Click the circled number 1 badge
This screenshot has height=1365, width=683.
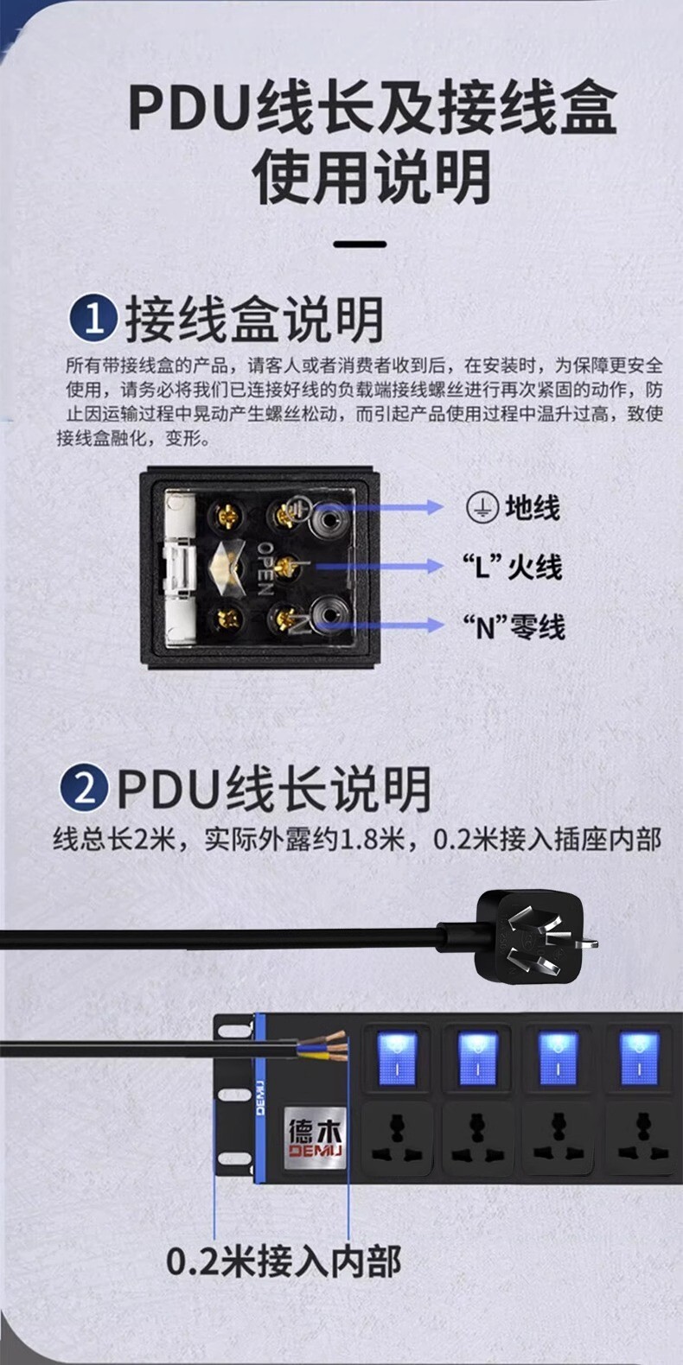pyautogui.click(x=93, y=317)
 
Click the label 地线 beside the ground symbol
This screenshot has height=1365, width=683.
pyautogui.click(x=532, y=508)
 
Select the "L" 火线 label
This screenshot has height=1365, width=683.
pyautogui.click(x=513, y=568)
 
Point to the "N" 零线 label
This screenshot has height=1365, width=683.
pyautogui.click(x=514, y=626)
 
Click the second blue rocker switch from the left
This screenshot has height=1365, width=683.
pyautogui.click(x=477, y=1058)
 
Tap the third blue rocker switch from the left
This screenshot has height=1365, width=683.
pyautogui.click(x=558, y=1058)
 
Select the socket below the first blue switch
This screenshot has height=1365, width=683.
pyautogui.click(x=397, y=1139)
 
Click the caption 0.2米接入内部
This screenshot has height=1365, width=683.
pyautogui.click(x=284, y=1261)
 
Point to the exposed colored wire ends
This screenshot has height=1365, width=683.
pyautogui.click(x=323, y=1044)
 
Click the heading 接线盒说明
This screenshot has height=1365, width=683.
pyautogui.click(x=254, y=320)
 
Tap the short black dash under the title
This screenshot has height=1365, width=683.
pyautogui.click(x=361, y=244)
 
